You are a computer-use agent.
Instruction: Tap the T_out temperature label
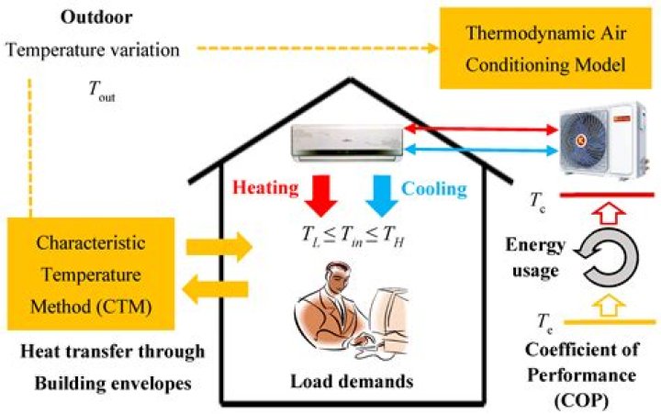(97, 93)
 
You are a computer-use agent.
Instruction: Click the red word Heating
(265, 188)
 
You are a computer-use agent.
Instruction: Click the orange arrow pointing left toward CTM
(217, 293)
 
